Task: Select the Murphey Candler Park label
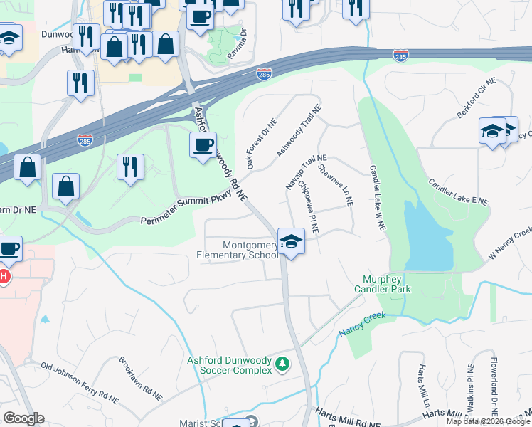(383, 284)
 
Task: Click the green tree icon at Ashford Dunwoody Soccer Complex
(283, 365)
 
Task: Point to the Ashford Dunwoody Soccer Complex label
(230, 365)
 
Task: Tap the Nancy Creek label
(361, 324)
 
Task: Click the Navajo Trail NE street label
(306, 172)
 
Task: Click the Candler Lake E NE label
(458, 191)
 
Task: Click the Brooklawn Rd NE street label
(141, 377)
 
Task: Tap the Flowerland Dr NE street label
(493, 391)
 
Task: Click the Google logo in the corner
(23, 418)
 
